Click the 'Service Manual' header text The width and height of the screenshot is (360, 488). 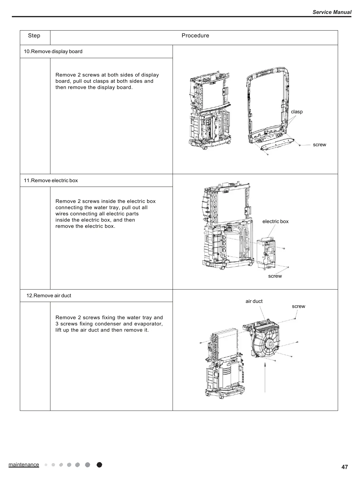pyautogui.click(x=332, y=12)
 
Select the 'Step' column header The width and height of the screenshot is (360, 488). pyautogui.click(x=34, y=36)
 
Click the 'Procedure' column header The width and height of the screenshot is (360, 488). pyautogui.click(x=195, y=36)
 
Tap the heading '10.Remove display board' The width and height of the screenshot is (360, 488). pyautogui.click(x=53, y=51)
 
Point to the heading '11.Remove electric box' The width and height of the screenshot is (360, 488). pyautogui.click(x=51, y=180)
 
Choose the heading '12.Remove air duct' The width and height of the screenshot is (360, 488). pyautogui.click(x=49, y=295)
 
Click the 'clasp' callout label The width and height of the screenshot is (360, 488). pyautogui.click(x=297, y=112)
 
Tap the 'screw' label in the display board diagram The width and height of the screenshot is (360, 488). pyautogui.click(x=319, y=144)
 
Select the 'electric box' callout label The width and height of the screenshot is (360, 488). pyautogui.click(x=275, y=221)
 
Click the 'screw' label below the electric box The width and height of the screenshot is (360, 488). pyautogui.click(x=275, y=276)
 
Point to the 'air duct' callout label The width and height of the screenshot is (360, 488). pyautogui.click(x=254, y=301)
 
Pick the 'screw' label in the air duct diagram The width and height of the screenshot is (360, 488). pyautogui.click(x=298, y=306)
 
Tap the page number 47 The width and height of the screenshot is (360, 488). pyautogui.click(x=345, y=467)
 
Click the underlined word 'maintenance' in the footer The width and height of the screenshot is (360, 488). pyautogui.click(x=24, y=465)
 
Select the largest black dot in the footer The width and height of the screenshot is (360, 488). pyautogui.click(x=99, y=465)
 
